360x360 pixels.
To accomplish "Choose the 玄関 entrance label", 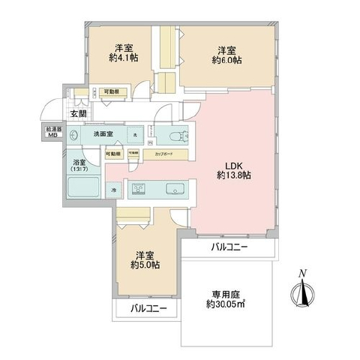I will pos(78,113).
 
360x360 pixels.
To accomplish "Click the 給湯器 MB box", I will pos(52,133).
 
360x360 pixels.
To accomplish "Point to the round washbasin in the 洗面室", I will pos(74,136).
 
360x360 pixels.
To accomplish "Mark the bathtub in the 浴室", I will pos(82,189).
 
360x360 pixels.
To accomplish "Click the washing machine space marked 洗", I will pos(134,135).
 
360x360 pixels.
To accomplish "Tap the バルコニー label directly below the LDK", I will pos(229,247).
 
